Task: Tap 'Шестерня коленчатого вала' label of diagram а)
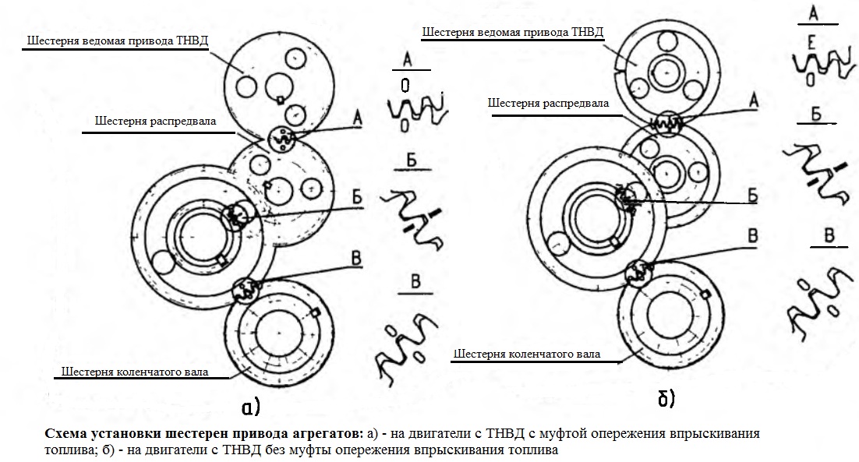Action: pyautogui.click(x=135, y=372)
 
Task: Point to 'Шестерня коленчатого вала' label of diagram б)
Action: pyautogui.click(x=527, y=354)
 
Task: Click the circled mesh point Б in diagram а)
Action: pyautogui.click(x=237, y=214)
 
